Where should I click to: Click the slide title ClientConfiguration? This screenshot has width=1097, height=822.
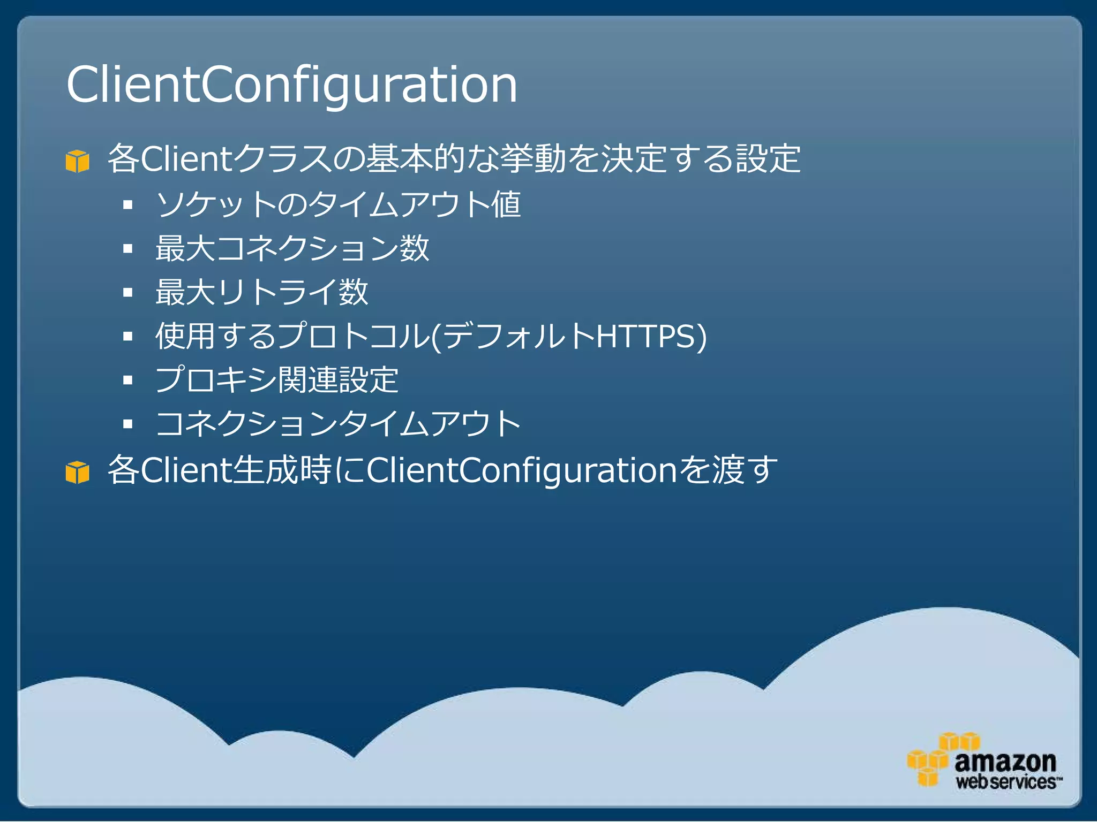click(292, 85)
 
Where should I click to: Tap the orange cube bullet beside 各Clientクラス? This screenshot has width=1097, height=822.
click(77, 161)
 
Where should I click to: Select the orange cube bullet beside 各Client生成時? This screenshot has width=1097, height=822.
click(77, 472)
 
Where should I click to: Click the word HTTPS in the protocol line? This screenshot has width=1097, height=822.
click(645, 336)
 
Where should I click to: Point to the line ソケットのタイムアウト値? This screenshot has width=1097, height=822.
click(338, 204)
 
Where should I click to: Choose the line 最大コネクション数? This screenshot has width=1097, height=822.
click(292, 248)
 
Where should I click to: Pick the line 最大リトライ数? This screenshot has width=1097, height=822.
click(262, 292)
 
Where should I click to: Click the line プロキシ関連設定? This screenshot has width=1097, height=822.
click(277, 380)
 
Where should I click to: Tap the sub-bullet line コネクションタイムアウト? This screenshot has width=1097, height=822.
click(338, 424)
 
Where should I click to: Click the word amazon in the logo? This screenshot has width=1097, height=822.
click(1005, 760)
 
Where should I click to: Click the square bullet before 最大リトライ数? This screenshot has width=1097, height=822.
click(127, 293)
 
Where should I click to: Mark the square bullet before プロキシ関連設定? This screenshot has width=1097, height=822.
click(127, 380)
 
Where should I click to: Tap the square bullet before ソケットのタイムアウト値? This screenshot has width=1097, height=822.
click(127, 205)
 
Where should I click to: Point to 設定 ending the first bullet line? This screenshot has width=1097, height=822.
click(768, 159)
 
